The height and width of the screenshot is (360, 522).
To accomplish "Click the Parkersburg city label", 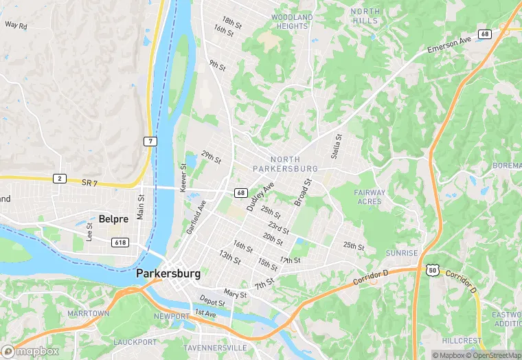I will (x=168, y=273).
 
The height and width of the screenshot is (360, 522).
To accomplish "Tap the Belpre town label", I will (x=114, y=218).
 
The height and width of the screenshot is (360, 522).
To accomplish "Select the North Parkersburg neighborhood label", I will (x=285, y=164).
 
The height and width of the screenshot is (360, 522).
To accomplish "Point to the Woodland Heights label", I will (x=291, y=21).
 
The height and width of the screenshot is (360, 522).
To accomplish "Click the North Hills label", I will (x=364, y=16).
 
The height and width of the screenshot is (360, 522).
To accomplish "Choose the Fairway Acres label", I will (x=370, y=197).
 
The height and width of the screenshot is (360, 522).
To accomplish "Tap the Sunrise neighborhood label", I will (x=401, y=254).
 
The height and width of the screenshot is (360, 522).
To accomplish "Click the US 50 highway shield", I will (x=431, y=270).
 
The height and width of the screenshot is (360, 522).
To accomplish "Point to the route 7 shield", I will (x=150, y=142).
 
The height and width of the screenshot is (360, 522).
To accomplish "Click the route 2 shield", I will (x=60, y=179).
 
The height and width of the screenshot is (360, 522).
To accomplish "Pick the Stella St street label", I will (x=336, y=148).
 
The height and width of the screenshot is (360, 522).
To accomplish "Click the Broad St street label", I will (x=302, y=193).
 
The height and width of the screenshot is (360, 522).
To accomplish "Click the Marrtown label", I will (x=88, y=313).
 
